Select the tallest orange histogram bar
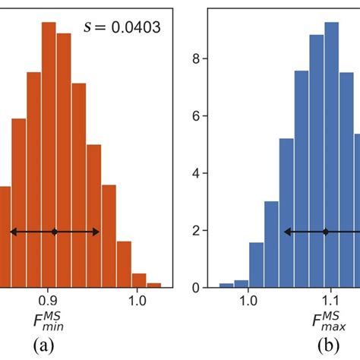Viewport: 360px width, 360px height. click(x=49, y=152)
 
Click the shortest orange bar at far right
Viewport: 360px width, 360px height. click(x=154, y=285)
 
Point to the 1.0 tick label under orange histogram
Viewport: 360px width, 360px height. click(x=137, y=301)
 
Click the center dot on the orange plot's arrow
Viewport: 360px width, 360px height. click(x=54, y=232)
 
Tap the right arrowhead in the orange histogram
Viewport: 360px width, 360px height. click(x=96, y=232)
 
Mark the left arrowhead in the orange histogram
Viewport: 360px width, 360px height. click(x=13, y=232)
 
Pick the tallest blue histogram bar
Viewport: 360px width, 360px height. click(x=332, y=152)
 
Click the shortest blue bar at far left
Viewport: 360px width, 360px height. click(x=226, y=285)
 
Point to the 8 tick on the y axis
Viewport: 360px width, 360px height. click(x=195, y=58)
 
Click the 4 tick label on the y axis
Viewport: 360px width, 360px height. click(x=195, y=173)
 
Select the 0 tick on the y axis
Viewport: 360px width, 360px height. click(x=195, y=288)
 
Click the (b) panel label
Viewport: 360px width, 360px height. click(x=330, y=346)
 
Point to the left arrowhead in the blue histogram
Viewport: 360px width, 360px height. click(x=287, y=232)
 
